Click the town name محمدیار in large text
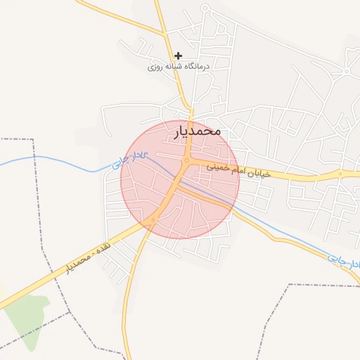coord(196,131)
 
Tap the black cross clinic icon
coord(179,56)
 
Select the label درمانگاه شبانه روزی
coord(179,67)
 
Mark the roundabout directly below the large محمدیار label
coord(186,161)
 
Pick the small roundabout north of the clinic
coord(205,8)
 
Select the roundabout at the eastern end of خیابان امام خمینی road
coord(340,173)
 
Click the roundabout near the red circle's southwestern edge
coord(153,220)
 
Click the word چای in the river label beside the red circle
coord(121,163)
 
